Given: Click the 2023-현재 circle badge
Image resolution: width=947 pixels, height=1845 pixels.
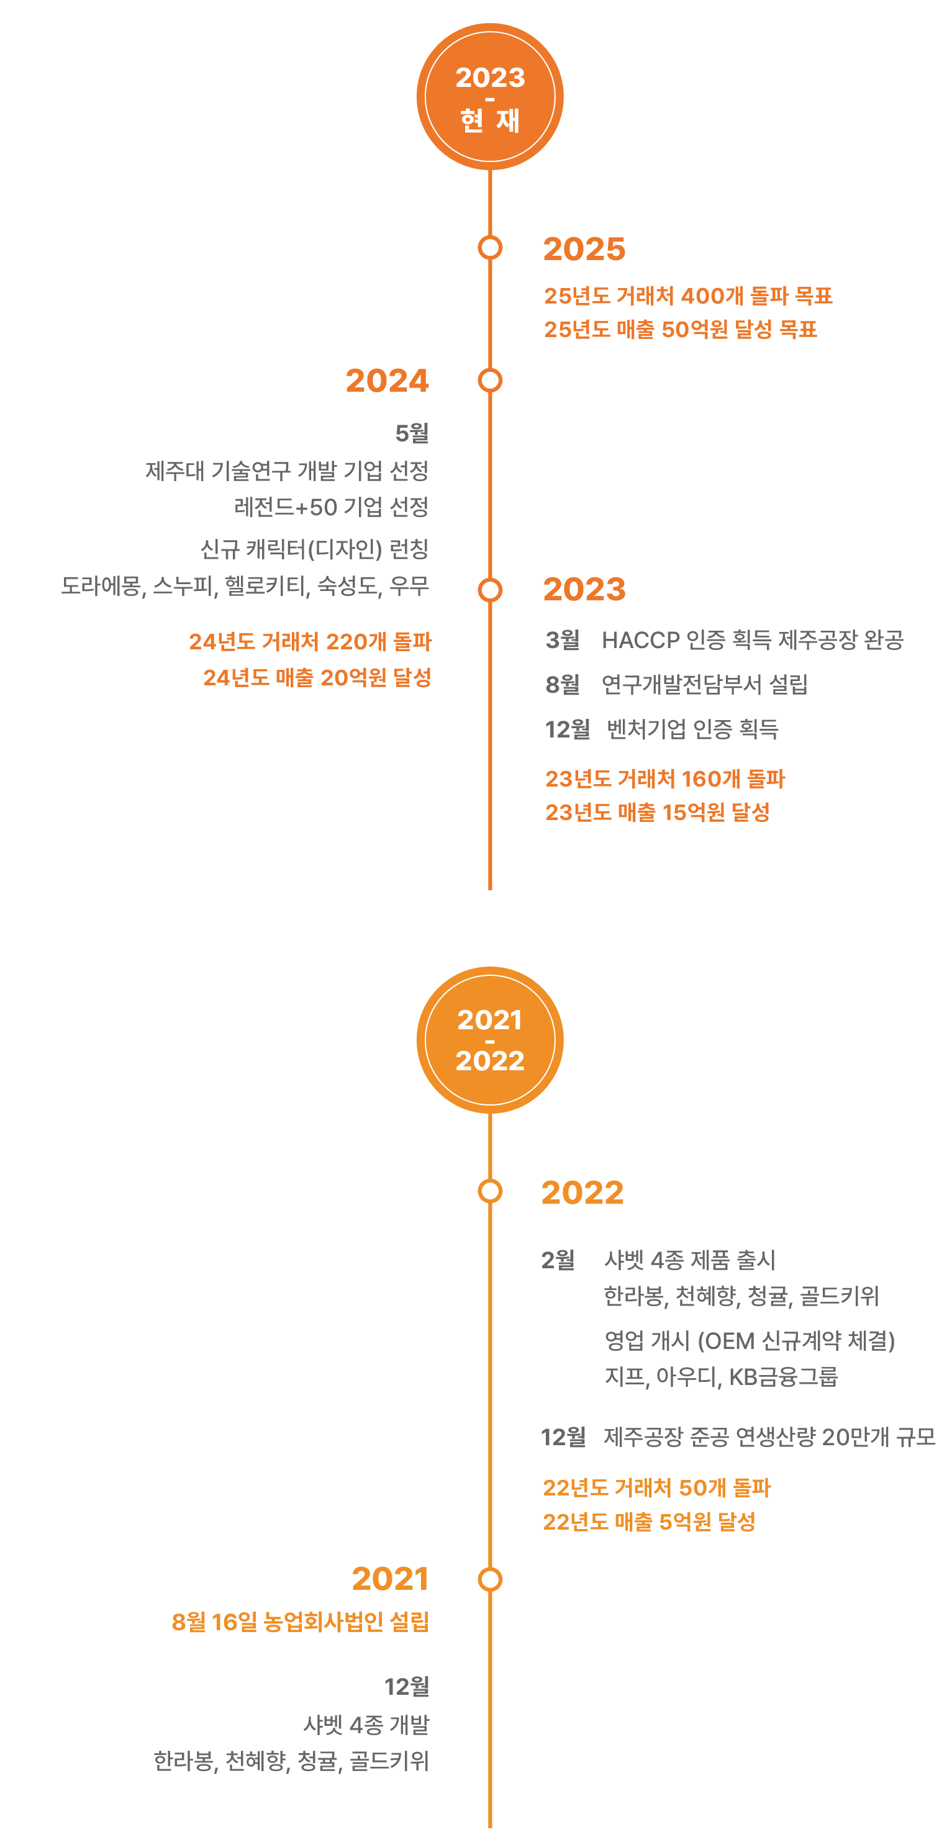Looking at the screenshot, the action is tap(490, 97).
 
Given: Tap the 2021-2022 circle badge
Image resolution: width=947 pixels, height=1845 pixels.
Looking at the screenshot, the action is tap(490, 1039).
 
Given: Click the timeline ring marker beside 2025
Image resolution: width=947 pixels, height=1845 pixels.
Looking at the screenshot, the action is tap(490, 248).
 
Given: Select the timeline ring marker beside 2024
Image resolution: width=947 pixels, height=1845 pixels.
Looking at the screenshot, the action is tap(490, 381).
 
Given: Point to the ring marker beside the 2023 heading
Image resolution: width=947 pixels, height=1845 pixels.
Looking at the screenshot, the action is tap(490, 590).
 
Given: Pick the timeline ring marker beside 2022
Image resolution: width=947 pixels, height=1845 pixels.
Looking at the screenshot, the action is tap(490, 1191).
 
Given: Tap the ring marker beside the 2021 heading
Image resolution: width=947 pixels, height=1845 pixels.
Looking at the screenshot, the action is tap(490, 1579).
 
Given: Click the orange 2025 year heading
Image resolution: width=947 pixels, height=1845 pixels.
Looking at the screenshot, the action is tap(584, 249).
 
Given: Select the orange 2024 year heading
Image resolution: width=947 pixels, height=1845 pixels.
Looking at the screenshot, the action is tap(387, 381).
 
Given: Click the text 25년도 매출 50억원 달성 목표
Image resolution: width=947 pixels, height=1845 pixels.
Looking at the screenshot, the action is tap(680, 330).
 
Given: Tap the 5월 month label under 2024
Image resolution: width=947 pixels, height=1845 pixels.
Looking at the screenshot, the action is tap(412, 433).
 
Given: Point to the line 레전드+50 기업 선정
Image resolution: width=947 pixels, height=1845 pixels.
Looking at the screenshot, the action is tap(331, 507).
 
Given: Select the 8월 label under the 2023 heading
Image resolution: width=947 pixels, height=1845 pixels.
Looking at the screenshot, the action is tap(563, 685).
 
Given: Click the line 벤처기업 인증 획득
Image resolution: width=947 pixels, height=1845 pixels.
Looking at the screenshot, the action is tap(692, 729).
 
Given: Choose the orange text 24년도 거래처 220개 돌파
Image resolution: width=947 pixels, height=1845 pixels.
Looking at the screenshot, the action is tap(310, 642).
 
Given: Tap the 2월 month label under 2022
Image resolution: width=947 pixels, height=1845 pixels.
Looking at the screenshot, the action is tap(558, 1260).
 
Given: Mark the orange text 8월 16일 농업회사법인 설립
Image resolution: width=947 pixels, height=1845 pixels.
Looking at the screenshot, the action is tap(300, 1622).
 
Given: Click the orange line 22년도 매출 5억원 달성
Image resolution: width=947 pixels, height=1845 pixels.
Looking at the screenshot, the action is tap(649, 1522).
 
